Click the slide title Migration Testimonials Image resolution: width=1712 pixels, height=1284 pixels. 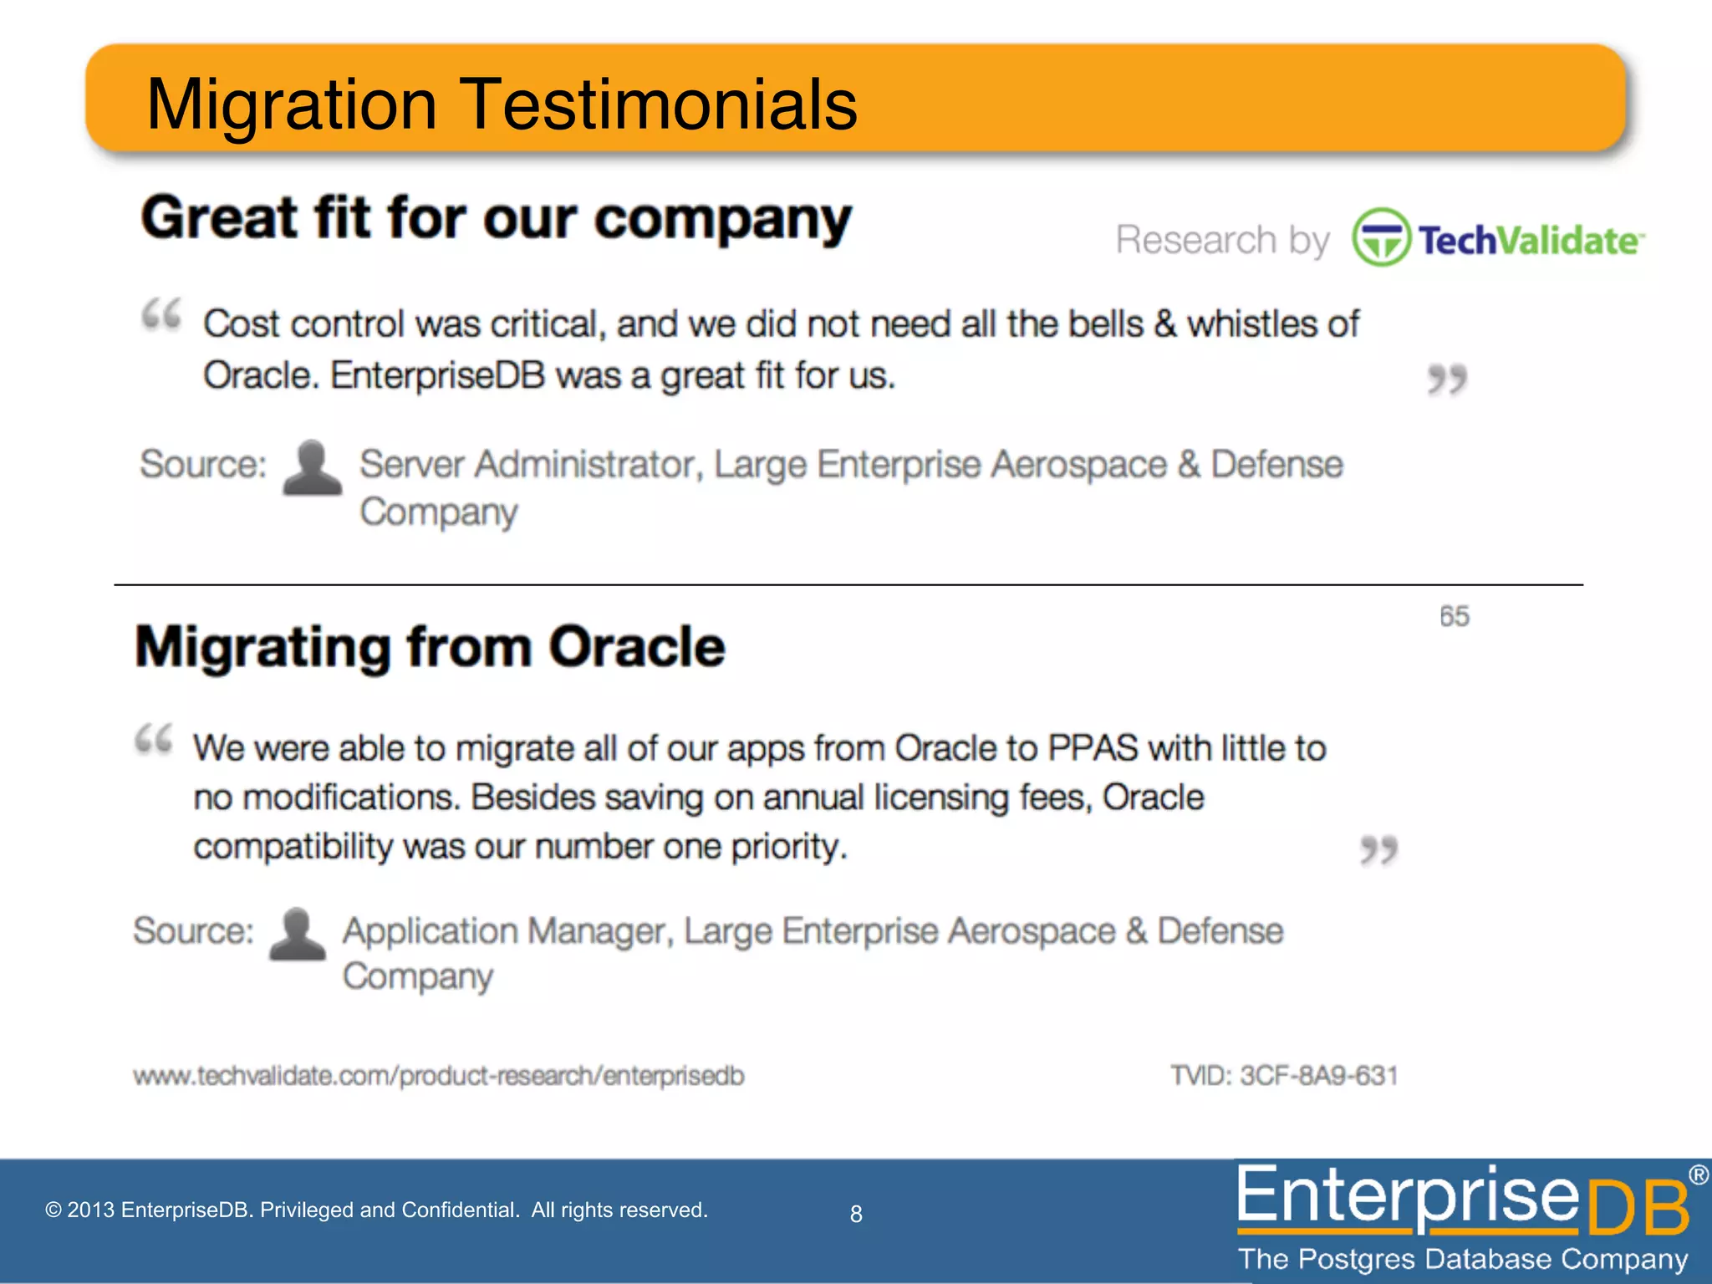(x=502, y=104)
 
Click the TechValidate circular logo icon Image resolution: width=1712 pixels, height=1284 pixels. (x=1381, y=238)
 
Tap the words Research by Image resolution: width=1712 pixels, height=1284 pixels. (x=1222, y=240)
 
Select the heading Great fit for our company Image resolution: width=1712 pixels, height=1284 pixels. (x=497, y=219)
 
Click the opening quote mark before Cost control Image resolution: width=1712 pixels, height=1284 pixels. (x=161, y=315)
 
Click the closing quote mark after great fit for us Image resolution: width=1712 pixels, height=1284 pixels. (x=1446, y=380)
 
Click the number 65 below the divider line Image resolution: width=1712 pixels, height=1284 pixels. (x=1454, y=616)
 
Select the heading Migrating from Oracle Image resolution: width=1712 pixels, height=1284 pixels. (x=430, y=648)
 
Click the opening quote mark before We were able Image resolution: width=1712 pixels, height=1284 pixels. (x=154, y=740)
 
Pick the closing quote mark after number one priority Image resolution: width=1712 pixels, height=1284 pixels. (x=1378, y=850)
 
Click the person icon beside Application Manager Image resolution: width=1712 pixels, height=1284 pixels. (x=297, y=935)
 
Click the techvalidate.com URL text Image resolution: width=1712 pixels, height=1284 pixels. (x=438, y=1076)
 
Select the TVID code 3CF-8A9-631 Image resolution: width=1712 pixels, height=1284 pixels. (x=1318, y=1075)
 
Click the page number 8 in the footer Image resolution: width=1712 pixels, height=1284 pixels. (x=856, y=1214)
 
